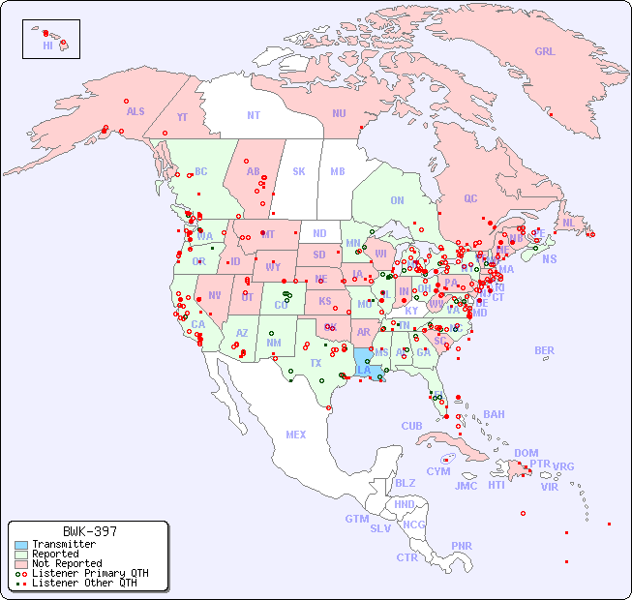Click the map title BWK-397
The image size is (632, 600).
click(90, 531)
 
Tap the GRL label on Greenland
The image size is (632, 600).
click(545, 52)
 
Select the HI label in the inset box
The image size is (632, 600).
click(47, 45)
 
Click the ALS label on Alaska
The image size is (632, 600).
click(135, 111)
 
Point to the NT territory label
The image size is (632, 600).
click(254, 114)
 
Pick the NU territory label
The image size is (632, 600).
click(339, 113)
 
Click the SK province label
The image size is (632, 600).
click(299, 171)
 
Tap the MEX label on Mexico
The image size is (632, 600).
click(296, 435)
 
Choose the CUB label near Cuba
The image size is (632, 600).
click(411, 426)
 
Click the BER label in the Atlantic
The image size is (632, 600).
click(544, 350)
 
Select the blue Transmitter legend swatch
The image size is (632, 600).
click(20, 545)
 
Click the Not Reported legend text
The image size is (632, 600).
click(67, 563)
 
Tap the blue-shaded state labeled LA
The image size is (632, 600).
click(364, 370)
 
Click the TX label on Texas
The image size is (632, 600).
click(316, 363)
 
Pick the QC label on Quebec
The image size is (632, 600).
click(470, 198)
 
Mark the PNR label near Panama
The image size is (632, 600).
click(462, 546)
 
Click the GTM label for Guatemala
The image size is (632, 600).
click(357, 519)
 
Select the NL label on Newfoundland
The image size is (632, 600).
click(568, 223)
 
